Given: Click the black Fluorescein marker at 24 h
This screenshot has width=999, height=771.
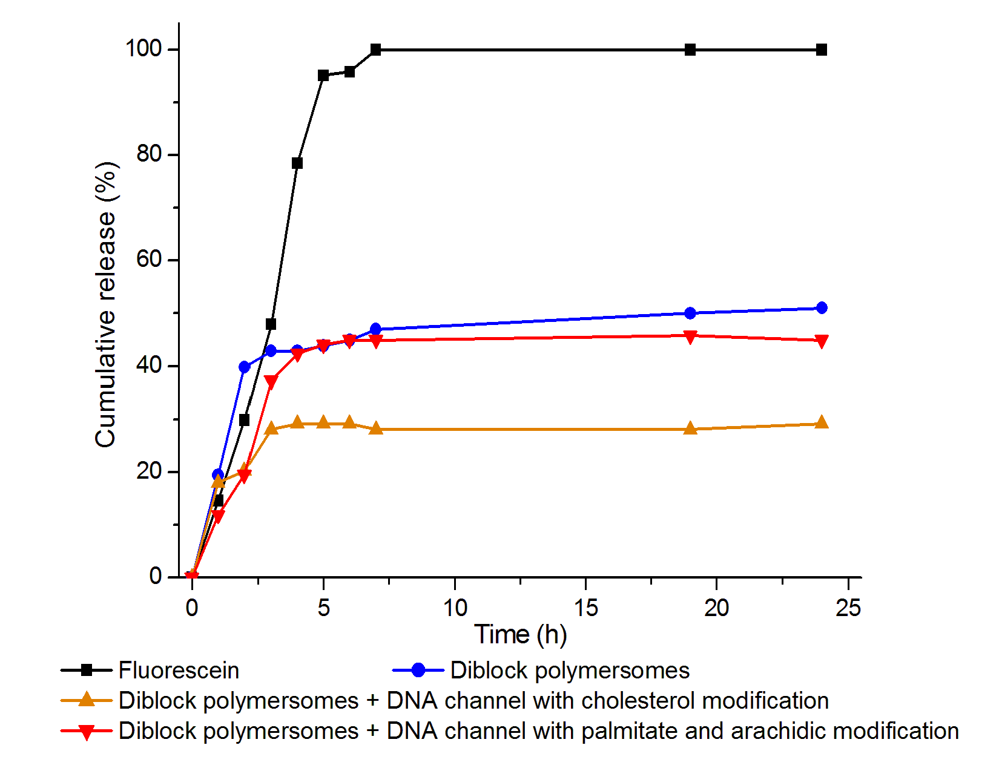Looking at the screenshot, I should click(821, 50).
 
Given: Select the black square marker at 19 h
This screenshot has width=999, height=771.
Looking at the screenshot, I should click(690, 50).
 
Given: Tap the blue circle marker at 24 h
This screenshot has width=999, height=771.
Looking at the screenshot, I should click(821, 308).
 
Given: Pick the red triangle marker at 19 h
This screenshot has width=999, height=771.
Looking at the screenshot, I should click(690, 336).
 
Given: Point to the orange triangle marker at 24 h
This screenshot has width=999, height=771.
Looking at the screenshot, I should click(821, 423).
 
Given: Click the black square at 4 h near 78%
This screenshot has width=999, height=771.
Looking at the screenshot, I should click(297, 163).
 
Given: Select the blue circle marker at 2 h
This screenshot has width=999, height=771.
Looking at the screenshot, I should click(245, 367).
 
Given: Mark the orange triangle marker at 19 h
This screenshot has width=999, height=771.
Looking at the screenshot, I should click(690, 428).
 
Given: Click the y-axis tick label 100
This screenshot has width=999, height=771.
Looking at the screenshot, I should click(143, 48).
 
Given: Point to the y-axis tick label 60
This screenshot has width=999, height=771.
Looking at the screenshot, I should click(149, 260).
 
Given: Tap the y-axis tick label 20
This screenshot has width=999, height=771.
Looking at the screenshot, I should click(149, 471).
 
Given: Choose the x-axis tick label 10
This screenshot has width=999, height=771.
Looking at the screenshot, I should click(455, 608).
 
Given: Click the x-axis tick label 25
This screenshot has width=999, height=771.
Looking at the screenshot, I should click(848, 608).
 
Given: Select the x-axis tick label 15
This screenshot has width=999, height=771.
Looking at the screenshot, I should click(585, 608).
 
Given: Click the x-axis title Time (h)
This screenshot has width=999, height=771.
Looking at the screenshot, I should click(520, 634).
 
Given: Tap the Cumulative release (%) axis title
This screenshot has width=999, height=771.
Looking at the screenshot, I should click(105, 304).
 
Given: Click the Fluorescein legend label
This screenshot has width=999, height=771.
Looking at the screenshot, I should click(179, 671).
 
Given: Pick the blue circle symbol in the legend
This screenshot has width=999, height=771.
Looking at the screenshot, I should click(418, 670).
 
